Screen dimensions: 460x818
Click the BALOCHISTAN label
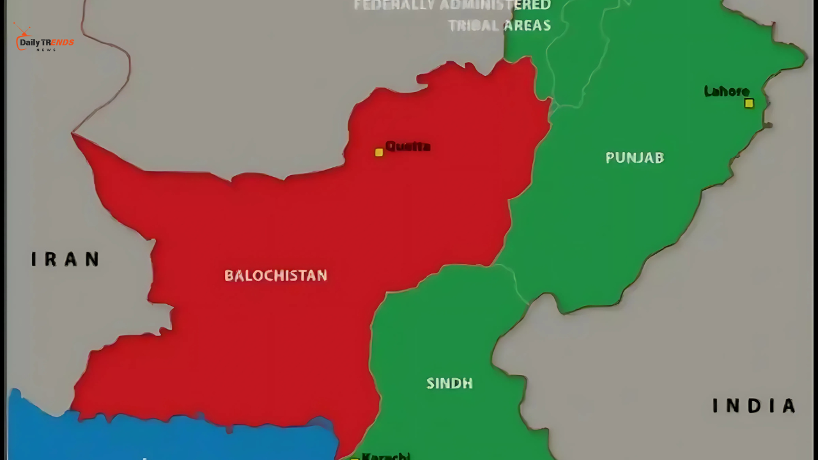coord(275,275)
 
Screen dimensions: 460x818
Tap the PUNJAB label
coord(635,157)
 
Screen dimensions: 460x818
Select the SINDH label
coord(449,383)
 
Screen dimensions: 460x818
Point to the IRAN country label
coord(65,259)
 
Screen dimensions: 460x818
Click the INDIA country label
coord(754,406)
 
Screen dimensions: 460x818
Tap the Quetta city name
coord(408,146)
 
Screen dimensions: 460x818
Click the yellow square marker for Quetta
coord(379,152)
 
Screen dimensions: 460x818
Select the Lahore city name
coord(727,91)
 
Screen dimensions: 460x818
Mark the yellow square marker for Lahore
coord(749,103)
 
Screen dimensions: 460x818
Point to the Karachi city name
coord(385,456)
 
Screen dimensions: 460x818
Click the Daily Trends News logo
coord(43,40)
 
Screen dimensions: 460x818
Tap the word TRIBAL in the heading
coord(472,26)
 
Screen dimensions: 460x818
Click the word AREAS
coord(527,26)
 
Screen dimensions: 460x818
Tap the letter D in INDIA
coord(753,406)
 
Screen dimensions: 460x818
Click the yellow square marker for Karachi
coord(355,458)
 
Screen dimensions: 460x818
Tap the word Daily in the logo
coord(30,43)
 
